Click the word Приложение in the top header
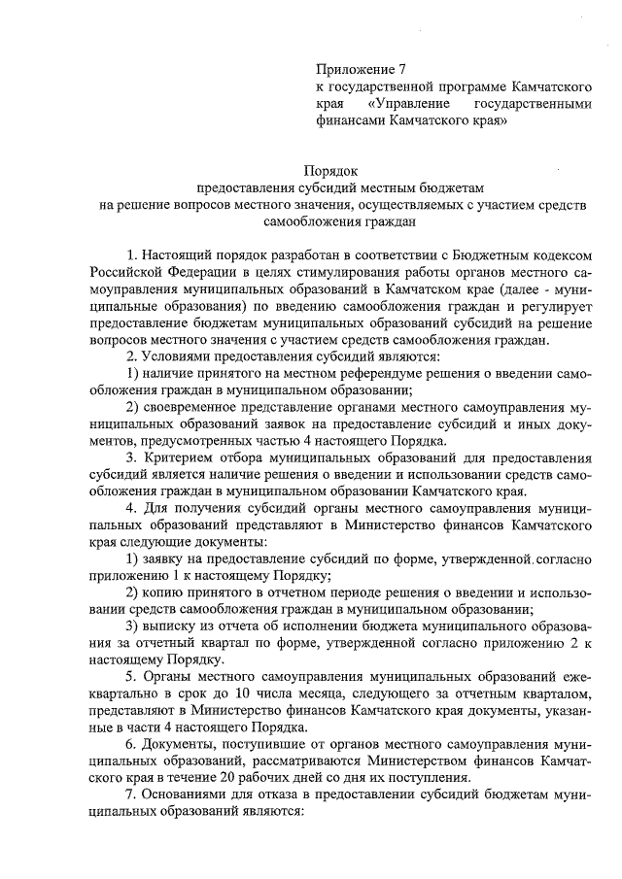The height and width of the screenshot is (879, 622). tap(354, 69)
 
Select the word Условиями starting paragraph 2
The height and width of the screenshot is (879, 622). tap(178, 357)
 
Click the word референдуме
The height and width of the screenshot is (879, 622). tap(333, 375)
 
